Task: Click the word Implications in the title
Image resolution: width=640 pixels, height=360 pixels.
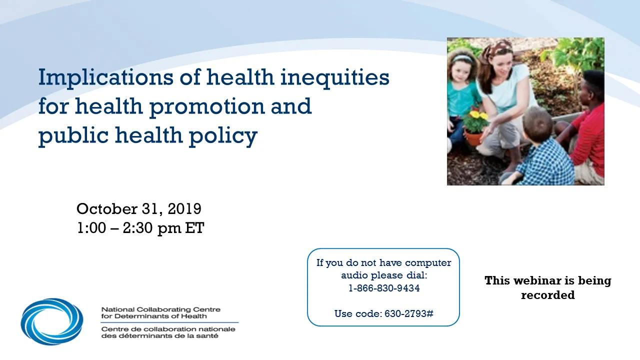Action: (x=105, y=77)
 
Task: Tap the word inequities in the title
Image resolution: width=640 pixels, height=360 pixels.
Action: (x=335, y=77)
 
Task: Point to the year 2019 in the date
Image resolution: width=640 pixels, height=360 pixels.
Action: (x=184, y=209)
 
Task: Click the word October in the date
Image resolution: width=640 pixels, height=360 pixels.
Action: (x=107, y=209)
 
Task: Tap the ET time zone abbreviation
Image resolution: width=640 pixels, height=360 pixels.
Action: (x=194, y=228)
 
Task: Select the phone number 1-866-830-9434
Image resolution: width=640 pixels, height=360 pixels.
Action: (x=384, y=288)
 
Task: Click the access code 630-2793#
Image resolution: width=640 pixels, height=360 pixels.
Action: (x=409, y=313)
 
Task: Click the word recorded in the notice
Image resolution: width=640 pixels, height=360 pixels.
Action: (x=547, y=295)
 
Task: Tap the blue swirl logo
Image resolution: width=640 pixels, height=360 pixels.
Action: (x=52, y=321)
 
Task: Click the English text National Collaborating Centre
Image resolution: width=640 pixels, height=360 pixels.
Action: (x=161, y=309)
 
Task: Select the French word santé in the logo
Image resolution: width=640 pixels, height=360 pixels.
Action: (x=209, y=335)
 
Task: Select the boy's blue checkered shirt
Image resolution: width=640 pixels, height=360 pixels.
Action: (x=543, y=163)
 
